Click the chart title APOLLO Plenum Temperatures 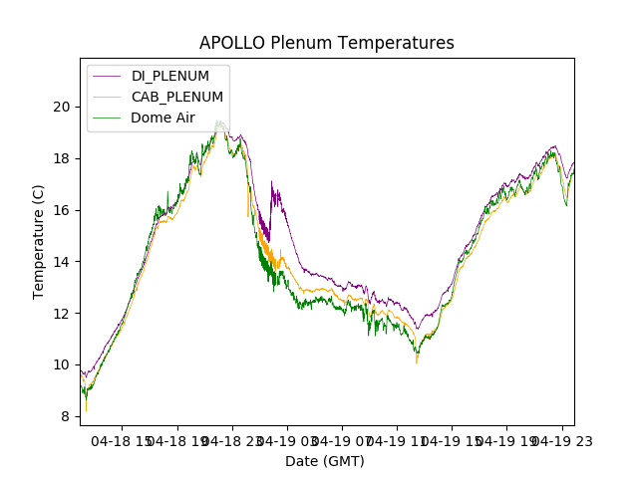[327, 43]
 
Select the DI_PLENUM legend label [170, 76]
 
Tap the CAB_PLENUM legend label [177, 97]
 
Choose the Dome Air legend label [162, 118]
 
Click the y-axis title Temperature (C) [39, 242]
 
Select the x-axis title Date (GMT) [325, 461]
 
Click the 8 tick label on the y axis [66, 416]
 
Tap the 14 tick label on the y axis [63, 262]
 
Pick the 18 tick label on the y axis [63, 158]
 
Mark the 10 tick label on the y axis [63, 364]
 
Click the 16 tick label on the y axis [63, 210]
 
